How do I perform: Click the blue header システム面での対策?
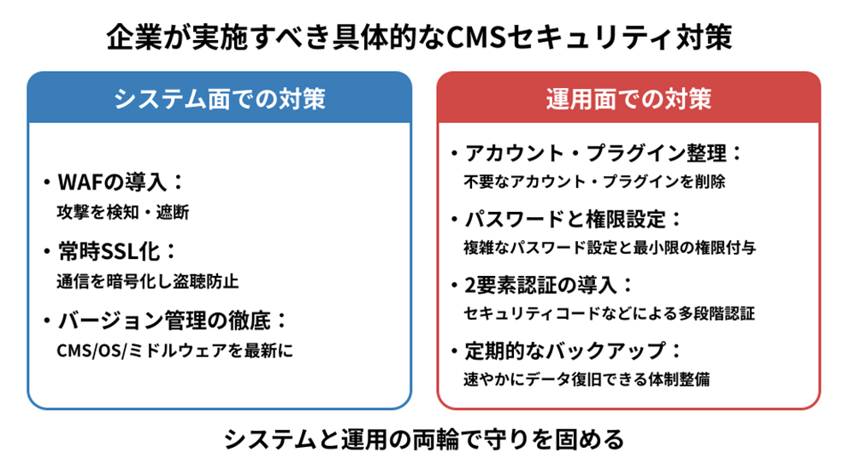pyautogui.click(x=220, y=98)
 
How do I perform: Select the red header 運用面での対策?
pyautogui.click(x=629, y=98)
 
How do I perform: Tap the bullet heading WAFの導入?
pyautogui.click(x=121, y=183)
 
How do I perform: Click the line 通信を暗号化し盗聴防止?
pyautogui.click(x=147, y=280)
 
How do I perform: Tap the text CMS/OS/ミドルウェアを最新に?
pyautogui.click(x=174, y=350)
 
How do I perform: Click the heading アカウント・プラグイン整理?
pyautogui.click(x=604, y=155)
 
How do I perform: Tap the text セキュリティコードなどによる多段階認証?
pyautogui.click(x=609, y=313)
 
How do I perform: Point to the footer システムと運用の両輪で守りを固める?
pyautogui.click(x=425, y=439)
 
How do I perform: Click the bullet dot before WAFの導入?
pyautogui.click(x=45, y=184)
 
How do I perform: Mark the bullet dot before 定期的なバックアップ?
pyautogui.click(x=454, y=351)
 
